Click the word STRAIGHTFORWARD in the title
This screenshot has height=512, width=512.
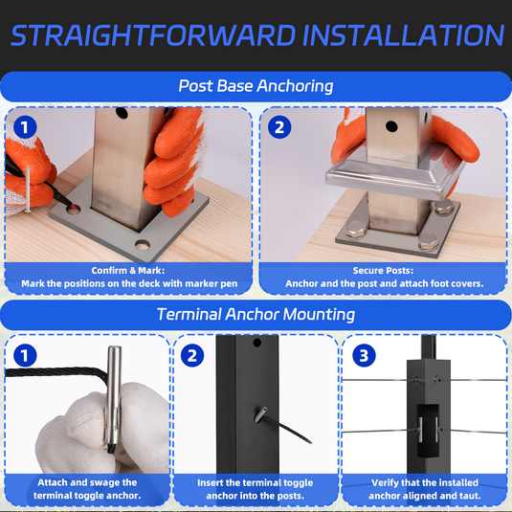pos(153,35)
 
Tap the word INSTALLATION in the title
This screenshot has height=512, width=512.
pos(404,35)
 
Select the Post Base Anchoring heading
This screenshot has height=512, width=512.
pos(256,86)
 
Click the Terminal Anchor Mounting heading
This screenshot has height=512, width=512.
pos(256,315)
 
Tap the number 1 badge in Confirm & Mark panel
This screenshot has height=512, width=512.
pos(25,127)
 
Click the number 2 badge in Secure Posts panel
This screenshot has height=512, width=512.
pos(279,127)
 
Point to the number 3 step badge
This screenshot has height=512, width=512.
pos(364,355)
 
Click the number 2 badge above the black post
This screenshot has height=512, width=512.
pos(192,355)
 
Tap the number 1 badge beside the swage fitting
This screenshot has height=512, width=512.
pos(25,355)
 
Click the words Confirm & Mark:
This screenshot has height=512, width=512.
pos(128,271)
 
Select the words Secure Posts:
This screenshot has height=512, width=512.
pos(383,271)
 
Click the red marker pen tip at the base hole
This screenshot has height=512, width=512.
pos(74,207)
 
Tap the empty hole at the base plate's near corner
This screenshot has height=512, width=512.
pos(143,245)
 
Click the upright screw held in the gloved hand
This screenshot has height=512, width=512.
pos(28,189)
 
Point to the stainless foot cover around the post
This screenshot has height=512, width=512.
pos(395,177)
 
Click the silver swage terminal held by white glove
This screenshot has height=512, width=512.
pos(113,399)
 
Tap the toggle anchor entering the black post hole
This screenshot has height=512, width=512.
pos(260,414)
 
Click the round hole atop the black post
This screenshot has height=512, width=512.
pos(257,343)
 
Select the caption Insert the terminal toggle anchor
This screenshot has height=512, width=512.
pos(255,489)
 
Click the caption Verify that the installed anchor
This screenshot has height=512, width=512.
pos(425,489)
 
